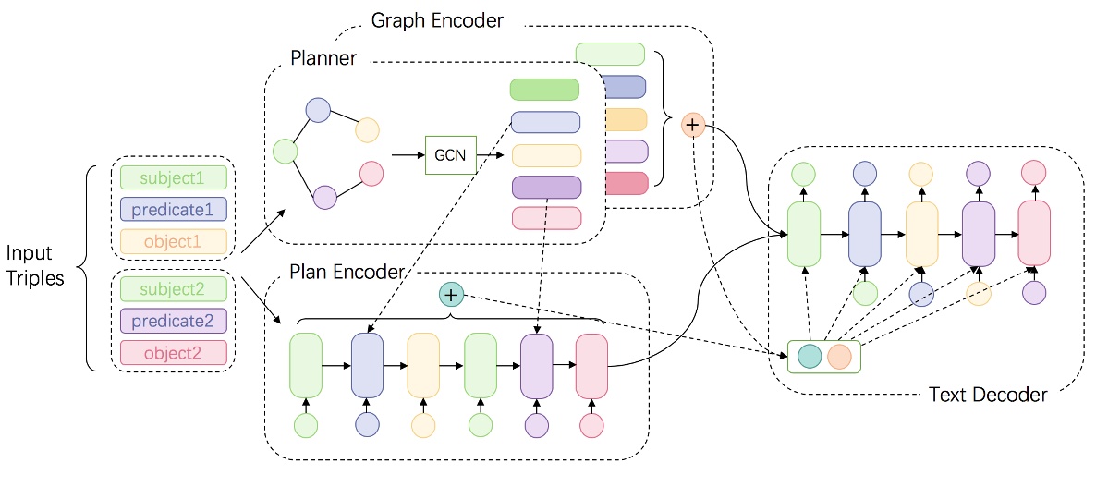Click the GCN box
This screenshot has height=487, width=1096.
450,155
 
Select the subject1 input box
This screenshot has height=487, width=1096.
173,177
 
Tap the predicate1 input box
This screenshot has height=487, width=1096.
173,209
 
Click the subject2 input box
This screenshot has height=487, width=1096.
173,286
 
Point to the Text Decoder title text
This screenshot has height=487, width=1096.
987,395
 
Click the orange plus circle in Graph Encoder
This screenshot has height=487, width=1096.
692,124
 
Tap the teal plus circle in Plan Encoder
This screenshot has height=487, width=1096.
450,295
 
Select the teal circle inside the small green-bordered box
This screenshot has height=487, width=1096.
809,357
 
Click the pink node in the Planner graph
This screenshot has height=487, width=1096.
371,174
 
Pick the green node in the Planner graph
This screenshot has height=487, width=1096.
286,151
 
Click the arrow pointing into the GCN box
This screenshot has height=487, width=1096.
407,155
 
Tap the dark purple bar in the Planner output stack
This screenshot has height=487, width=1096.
545,187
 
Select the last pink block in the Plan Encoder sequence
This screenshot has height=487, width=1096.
591,366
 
